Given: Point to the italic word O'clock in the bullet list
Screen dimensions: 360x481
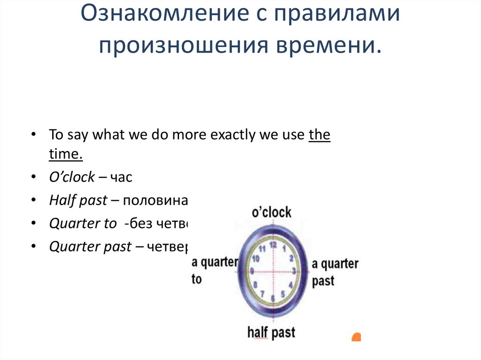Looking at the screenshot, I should coord(72,178).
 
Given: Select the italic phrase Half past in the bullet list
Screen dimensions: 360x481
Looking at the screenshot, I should coord(78,201).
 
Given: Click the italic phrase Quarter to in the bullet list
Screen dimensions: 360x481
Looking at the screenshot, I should coord(82,224).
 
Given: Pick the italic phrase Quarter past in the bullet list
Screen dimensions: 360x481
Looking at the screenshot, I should coord(90,247).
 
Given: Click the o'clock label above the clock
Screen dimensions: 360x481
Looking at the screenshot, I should coord(272,212).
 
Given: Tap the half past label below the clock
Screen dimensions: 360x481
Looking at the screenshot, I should coord(271,333).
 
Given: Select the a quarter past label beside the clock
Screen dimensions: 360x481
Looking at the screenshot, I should coord(334,272).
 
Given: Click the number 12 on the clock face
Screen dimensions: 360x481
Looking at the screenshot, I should coord(272,244).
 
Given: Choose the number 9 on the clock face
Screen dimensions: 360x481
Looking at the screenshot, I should coord(252,271).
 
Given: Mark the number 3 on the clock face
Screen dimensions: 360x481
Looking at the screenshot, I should coord(293,271).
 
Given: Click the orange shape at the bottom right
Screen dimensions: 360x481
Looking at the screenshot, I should coord(357,337).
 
